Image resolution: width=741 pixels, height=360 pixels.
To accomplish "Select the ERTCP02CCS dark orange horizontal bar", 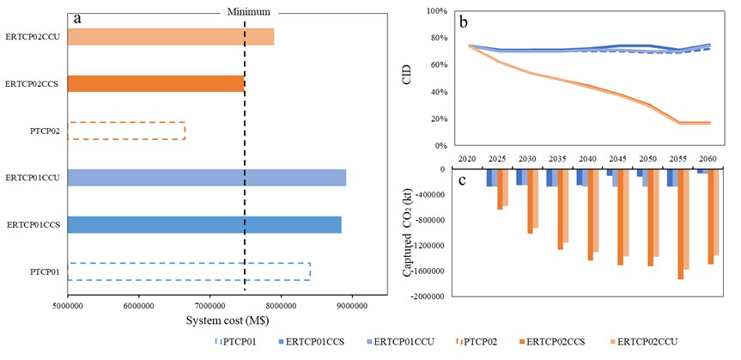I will click(155, 83).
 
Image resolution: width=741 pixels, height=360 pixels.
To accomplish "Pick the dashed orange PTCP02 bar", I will click(125, 131).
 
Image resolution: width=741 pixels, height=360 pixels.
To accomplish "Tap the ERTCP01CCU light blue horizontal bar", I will click(206, 178).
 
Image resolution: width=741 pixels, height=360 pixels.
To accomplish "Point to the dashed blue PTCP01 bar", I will click(188, 272).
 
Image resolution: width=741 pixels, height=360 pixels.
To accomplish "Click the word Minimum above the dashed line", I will click(248, 12).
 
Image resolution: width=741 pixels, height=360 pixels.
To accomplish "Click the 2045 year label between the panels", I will click(615, 160).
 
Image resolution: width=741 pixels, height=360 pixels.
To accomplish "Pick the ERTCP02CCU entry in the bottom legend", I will click(645, 342).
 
